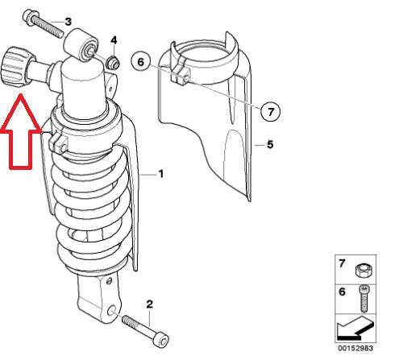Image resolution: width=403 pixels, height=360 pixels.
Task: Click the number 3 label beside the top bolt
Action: (69, 22)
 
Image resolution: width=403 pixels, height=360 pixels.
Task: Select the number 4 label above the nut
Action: (114, 40)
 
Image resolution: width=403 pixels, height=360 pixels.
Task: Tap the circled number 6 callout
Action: (141, 62)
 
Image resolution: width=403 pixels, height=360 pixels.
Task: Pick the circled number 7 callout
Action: (270, 111)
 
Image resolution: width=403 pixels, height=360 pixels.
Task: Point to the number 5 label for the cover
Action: (270, 144)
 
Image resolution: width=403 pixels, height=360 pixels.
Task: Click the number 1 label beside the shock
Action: (161, 174)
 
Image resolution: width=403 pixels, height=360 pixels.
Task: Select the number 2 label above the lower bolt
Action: (150, 304)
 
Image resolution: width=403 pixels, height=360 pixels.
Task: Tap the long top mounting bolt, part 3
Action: (43, 24)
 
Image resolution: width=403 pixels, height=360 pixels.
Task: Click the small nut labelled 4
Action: (113, 63)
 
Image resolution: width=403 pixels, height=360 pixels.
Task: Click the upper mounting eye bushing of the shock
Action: (81, 44)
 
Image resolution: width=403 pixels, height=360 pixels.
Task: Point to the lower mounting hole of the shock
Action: (111, 311)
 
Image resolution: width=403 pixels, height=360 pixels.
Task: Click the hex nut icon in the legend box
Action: (363, 271)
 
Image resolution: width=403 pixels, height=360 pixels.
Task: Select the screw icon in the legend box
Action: (364, 299)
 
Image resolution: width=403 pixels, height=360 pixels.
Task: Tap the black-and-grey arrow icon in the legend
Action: (355, 328)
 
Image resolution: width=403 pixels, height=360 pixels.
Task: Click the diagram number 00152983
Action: (355, 348)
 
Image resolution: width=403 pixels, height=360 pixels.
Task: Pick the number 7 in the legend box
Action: (342, 263)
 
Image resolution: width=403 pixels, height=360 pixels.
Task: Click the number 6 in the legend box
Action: (342, 292)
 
